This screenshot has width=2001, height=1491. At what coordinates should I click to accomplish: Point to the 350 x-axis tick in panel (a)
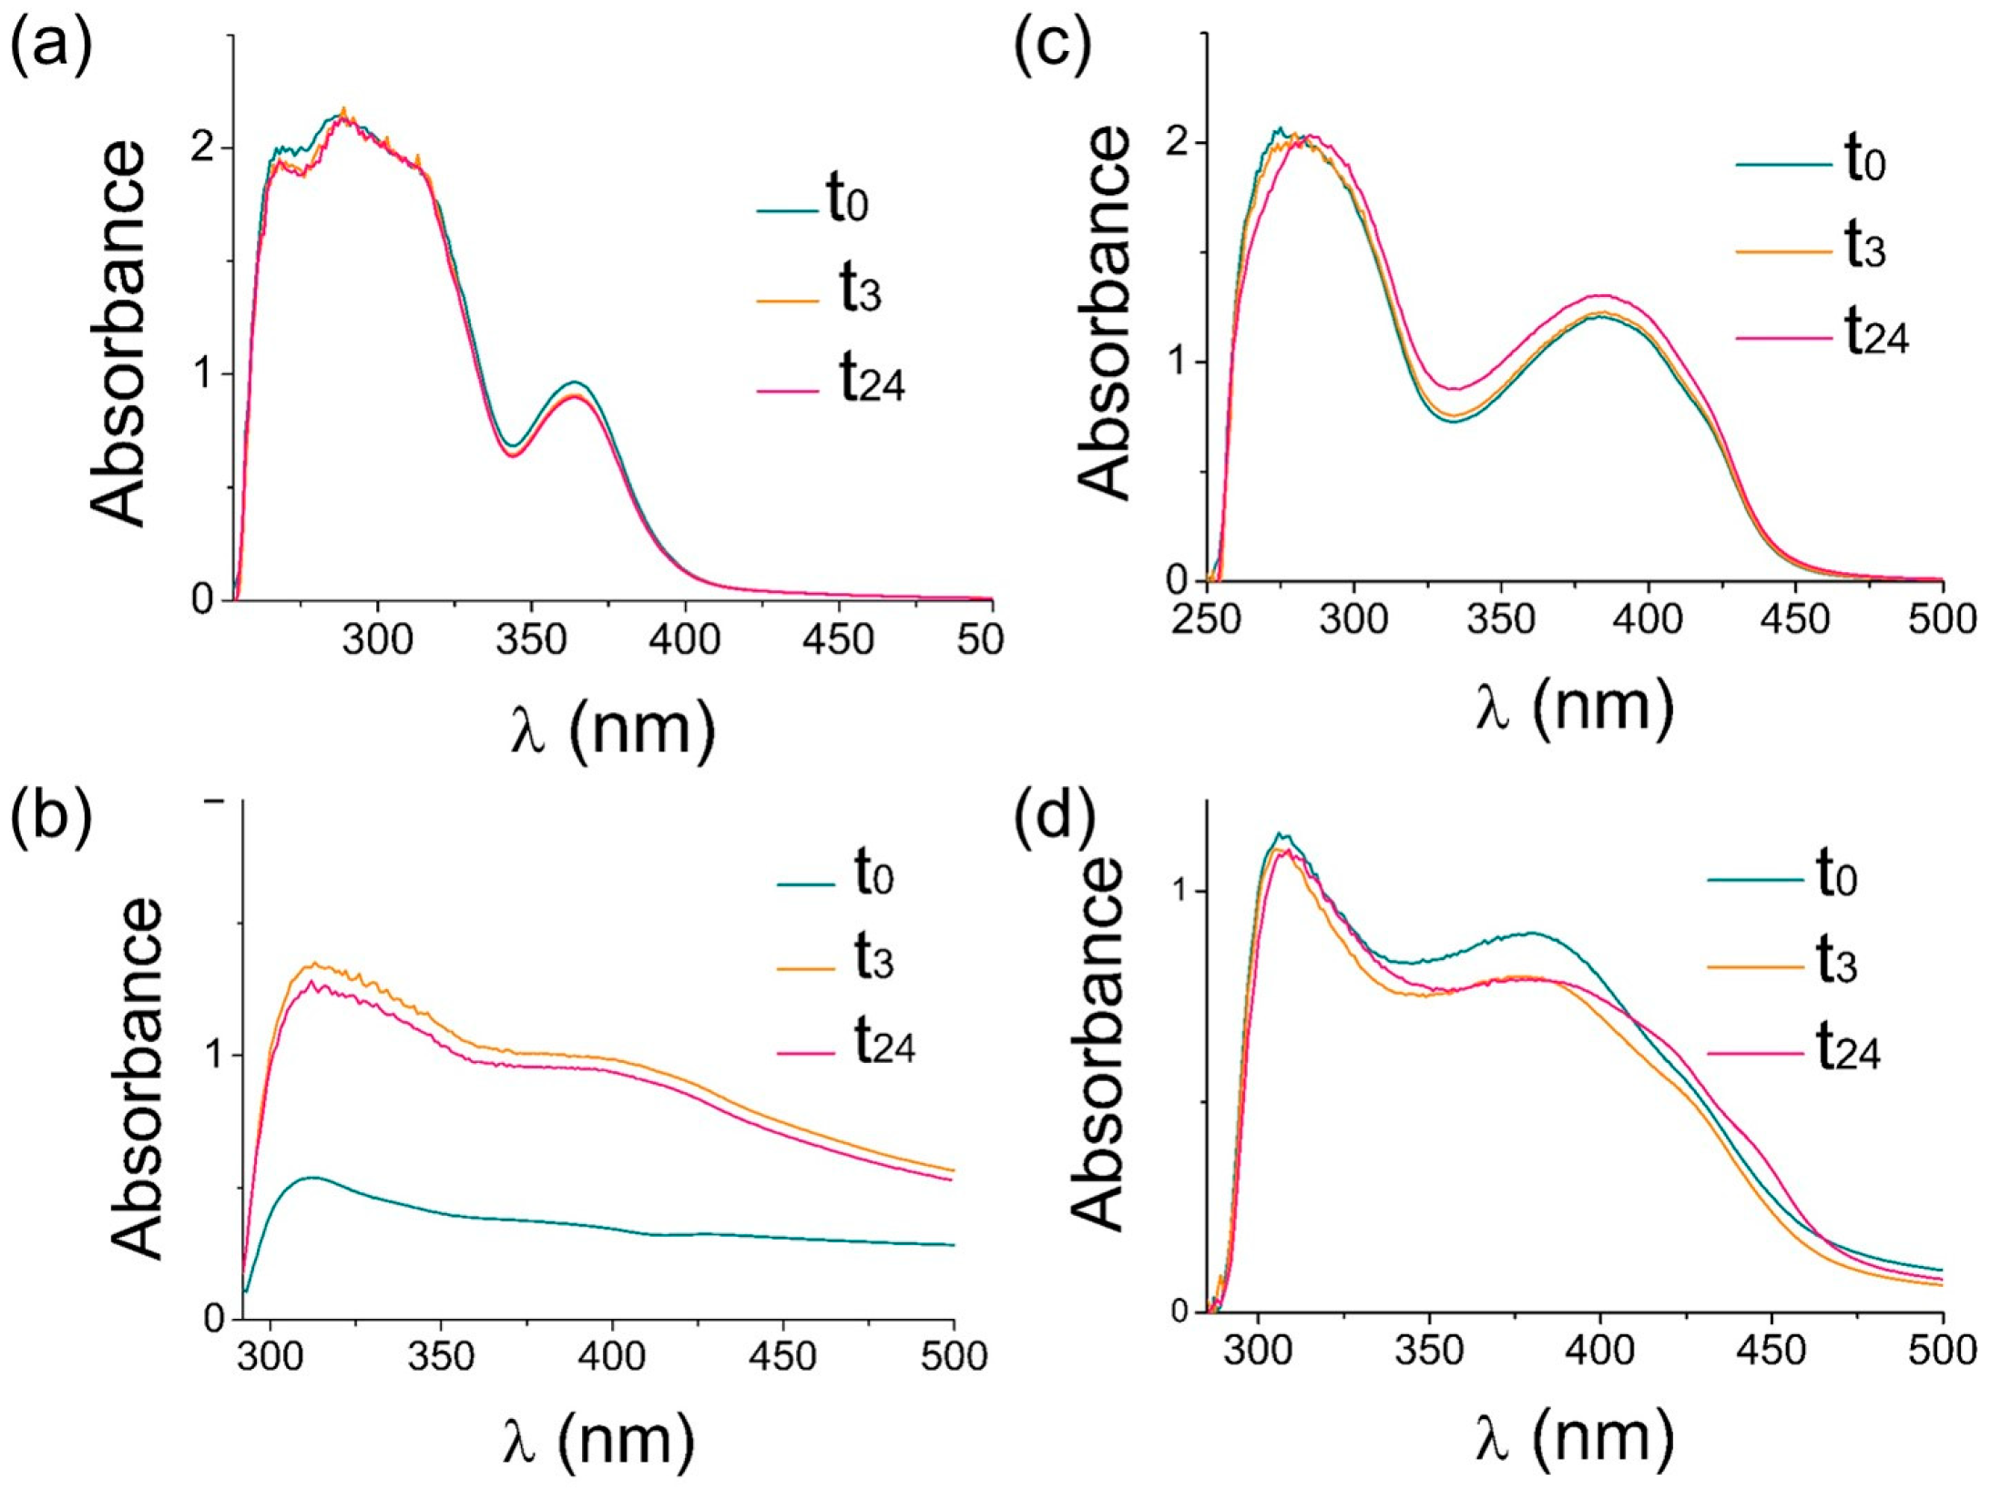click(531, 640)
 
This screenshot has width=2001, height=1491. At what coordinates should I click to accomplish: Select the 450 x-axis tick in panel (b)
click(782, 1357)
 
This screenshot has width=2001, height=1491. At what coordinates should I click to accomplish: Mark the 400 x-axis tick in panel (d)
click(1600, 1351)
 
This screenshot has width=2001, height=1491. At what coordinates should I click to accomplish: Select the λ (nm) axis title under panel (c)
click(1574, 710)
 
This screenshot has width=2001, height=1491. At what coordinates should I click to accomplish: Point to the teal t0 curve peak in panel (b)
click(312, 1178)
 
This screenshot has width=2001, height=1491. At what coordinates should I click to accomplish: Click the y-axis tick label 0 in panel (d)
click(1179, 1312)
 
